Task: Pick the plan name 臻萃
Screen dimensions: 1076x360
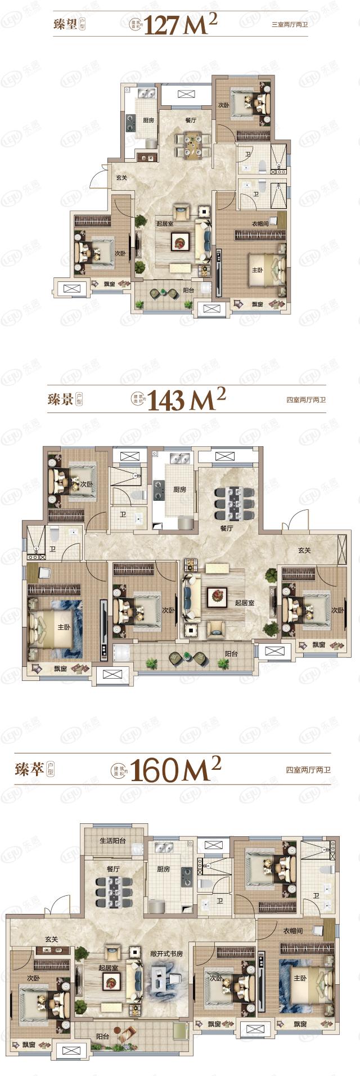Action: (30, 769)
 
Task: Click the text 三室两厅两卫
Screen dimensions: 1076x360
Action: (290, 25)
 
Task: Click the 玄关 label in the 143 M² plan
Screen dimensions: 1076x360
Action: (304, 550)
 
